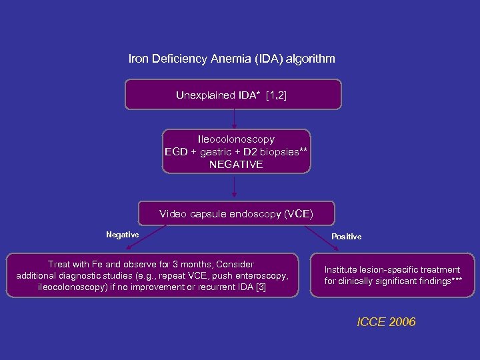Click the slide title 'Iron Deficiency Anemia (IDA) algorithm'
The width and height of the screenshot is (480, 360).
(231, 59)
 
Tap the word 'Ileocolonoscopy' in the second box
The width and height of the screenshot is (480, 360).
(236, 139)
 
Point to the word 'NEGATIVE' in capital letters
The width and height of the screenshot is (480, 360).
(236, 163)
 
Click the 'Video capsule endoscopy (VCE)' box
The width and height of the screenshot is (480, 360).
(236, 214)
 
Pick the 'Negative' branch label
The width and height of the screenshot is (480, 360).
(123, 235)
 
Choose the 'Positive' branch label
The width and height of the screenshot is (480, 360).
(346, 237)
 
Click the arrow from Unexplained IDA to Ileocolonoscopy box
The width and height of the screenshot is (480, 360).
(234, 119)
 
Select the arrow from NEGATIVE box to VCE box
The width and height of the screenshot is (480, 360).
(234, 187)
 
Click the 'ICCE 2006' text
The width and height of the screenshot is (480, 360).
(386, 322)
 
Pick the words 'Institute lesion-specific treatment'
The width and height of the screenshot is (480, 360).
(392, 269)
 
